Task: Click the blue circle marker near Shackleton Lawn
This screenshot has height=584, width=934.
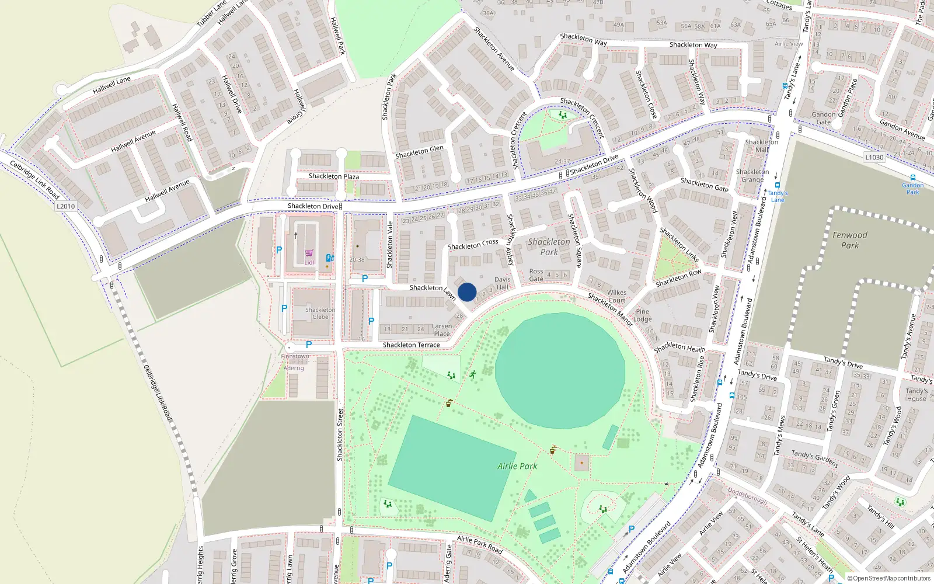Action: [467, 292]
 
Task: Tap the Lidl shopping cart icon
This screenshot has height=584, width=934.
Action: [309, 253]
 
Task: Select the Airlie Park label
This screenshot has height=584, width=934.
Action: [517, 466]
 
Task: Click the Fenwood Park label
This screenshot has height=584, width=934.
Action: [849, 240]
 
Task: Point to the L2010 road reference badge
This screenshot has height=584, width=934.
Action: [66, 206]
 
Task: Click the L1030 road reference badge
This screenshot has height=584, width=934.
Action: [874, 157]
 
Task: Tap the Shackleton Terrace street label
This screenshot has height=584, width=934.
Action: [411, 345]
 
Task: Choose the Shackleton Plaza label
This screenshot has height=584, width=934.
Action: [333, 176]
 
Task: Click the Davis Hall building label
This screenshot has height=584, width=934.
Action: [502, 283]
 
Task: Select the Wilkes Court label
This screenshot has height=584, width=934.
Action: [616, 297]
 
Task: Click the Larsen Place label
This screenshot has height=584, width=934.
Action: [442, 330]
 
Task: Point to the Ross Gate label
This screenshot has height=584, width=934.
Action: [536, 275]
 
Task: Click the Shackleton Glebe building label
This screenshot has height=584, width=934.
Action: [320, 314]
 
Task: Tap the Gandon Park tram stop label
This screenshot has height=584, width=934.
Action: [912, 189]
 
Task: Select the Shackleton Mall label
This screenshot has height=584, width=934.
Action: [761, 146]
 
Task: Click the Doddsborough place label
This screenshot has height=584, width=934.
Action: [747, 496]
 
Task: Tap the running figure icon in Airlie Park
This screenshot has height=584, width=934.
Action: [473, 374]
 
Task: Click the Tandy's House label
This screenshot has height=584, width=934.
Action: [916, 395]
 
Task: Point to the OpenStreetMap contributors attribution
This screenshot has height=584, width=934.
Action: [890, 578]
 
